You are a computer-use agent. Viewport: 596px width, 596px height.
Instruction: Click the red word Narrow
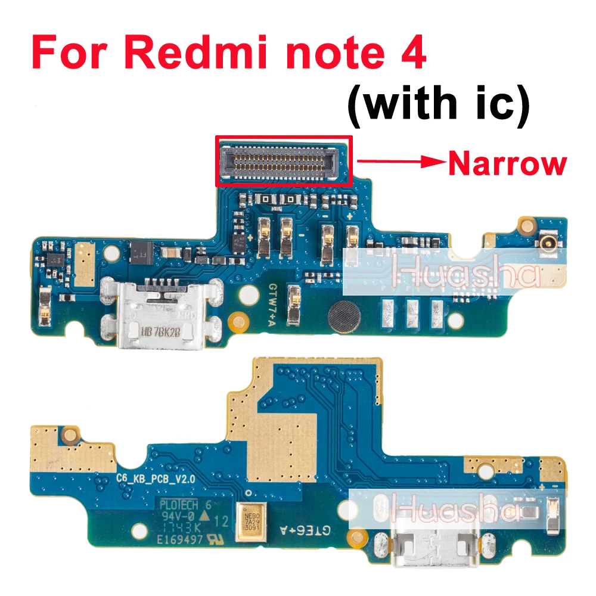pyautogui.click(x=506, y=163)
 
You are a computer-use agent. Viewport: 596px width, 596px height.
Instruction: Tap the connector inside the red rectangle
pyautogui.click(x=283, y=158)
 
